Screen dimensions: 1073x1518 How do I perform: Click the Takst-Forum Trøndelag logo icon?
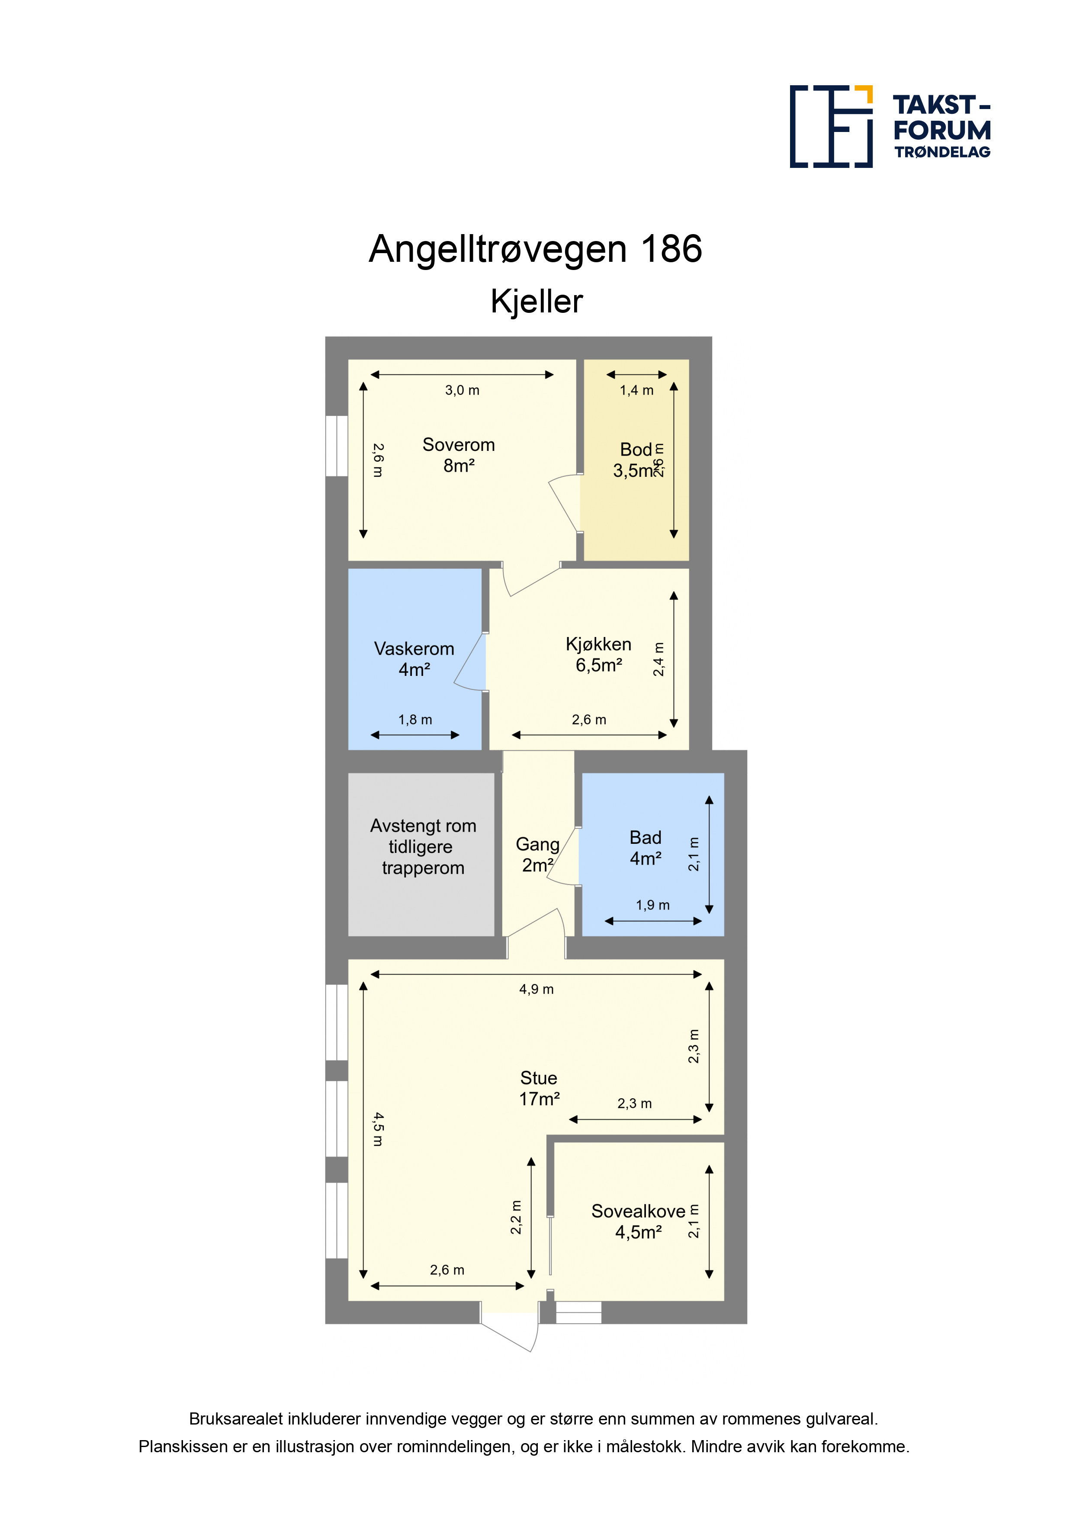pyautogui.click(x=831, y=126)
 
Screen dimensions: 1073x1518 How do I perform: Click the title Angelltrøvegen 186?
pyautogui.click(x=536, y=249)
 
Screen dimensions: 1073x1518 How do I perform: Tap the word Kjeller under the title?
pyautogui.click(x=537, y=302)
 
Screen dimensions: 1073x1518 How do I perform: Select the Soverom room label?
pyautogui.click(x=459, y=455)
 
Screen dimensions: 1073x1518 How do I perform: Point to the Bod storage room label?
pyautogui.click(x=636, y=460)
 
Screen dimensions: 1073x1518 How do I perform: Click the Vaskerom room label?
pyautogui.click(x=414, y=659)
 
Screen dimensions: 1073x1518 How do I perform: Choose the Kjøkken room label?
pyautogui.click(x=599, y=655)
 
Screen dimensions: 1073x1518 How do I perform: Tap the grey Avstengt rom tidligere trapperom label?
pyautogui.click(x=423, y=846)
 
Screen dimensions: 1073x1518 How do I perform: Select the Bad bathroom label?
pyautogui.click(x=645, y=848)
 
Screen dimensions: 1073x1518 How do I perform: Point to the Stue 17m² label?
pyautogui.click(x=540, y=1088)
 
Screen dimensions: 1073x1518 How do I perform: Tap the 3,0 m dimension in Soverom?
pyautogui.click(x=462, y=390)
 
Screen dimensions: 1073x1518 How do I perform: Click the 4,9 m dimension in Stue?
pyautogui.click(x=536, y=989)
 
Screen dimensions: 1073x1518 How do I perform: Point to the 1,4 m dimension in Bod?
pyautogui.click(x=636, y=390)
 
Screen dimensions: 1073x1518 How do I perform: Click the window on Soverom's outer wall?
pyautogui.click(x=337, y=446)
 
